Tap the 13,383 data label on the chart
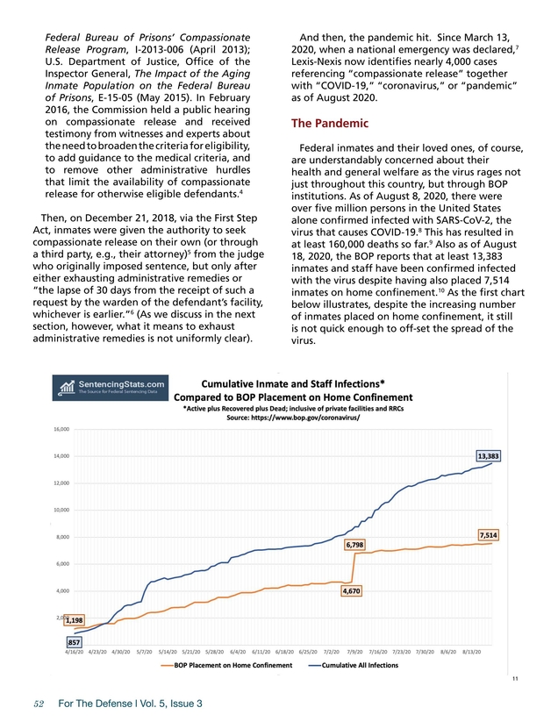coord(489,456)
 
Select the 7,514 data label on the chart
coord(489,534)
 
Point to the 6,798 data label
coord(355,545)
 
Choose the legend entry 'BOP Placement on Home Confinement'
coord(227,666)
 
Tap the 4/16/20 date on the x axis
coord(75,652)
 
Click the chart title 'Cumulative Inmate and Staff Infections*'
coord(293,382)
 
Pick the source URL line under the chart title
coord(293,417)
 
